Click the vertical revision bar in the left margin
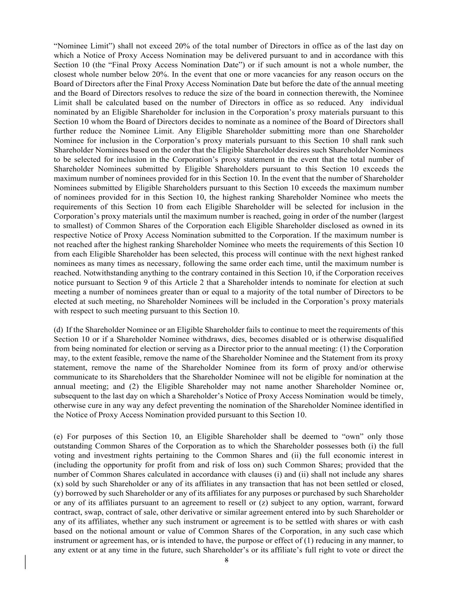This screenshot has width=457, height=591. tap(25, 561)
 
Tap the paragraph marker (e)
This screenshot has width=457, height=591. tap(58, 436)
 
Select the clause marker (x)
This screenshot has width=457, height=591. tap(58, 484)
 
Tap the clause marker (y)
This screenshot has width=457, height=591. tap(58, 493)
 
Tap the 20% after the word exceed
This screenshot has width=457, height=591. tap(181, 46)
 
